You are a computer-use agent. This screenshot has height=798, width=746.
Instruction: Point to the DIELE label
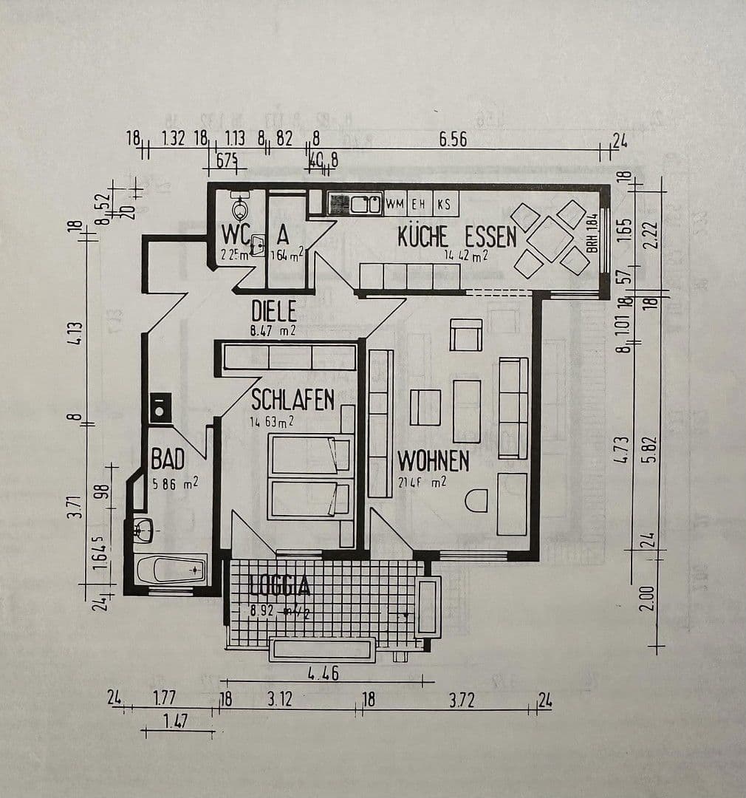273,310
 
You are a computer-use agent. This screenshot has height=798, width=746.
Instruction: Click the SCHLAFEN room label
292,400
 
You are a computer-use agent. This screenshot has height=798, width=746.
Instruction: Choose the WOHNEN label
433,461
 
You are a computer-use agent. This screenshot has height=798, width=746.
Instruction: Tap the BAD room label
168,460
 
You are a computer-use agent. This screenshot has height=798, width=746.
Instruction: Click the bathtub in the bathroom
171,570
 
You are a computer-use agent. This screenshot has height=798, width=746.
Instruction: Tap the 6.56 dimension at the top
453,139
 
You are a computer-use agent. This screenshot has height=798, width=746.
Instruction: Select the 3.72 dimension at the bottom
462,700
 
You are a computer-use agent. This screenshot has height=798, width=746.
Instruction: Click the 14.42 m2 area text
466,256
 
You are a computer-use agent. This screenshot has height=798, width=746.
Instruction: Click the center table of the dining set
550,239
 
